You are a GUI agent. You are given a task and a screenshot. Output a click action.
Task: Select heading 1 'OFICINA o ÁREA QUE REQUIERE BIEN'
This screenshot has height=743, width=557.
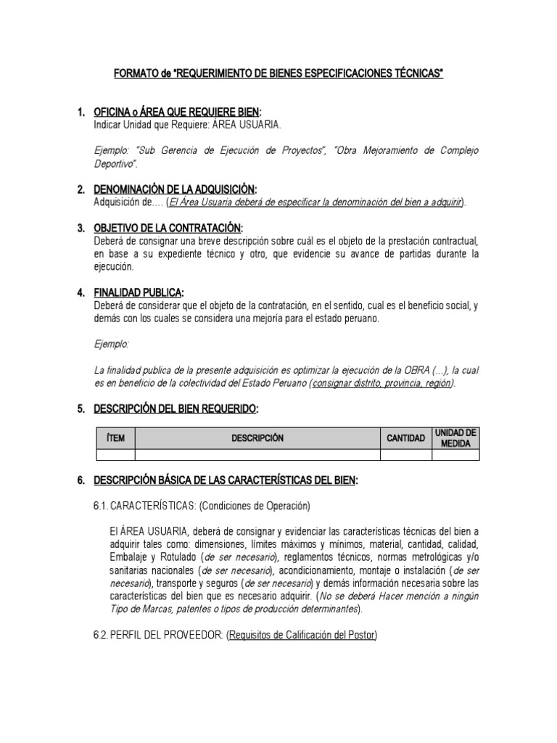point(177,112)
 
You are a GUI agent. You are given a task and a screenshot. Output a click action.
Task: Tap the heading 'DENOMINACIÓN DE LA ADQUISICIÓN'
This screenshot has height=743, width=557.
point(176,189)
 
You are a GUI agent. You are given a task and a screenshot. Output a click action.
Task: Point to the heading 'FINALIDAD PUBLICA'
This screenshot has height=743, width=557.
point(139,292)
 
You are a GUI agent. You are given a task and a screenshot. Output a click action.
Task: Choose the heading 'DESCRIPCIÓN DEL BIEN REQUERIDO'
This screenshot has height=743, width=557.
point(176,410)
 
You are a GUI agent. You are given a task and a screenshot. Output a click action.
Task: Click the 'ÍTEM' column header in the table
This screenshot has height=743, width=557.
point(115,438)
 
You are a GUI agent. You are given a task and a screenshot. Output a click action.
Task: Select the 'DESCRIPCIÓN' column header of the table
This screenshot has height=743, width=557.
point(257,438)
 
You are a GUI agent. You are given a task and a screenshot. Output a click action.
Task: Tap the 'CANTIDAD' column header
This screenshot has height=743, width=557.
point(405,438)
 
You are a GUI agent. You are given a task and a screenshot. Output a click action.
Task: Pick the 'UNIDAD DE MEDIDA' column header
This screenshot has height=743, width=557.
point(455,438)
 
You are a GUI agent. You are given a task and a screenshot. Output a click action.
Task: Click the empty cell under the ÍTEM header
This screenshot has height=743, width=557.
point(115,455)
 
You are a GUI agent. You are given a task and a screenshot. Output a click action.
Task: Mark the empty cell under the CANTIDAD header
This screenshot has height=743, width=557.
point(405,455)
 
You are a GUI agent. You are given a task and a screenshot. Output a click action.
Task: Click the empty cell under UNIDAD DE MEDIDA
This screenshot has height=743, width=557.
point(455,455)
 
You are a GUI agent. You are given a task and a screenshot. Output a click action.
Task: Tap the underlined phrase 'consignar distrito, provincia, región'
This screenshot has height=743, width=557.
point(381,383)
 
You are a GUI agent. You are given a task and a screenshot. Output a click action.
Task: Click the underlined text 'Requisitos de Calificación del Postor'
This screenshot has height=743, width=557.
point(302,636)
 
